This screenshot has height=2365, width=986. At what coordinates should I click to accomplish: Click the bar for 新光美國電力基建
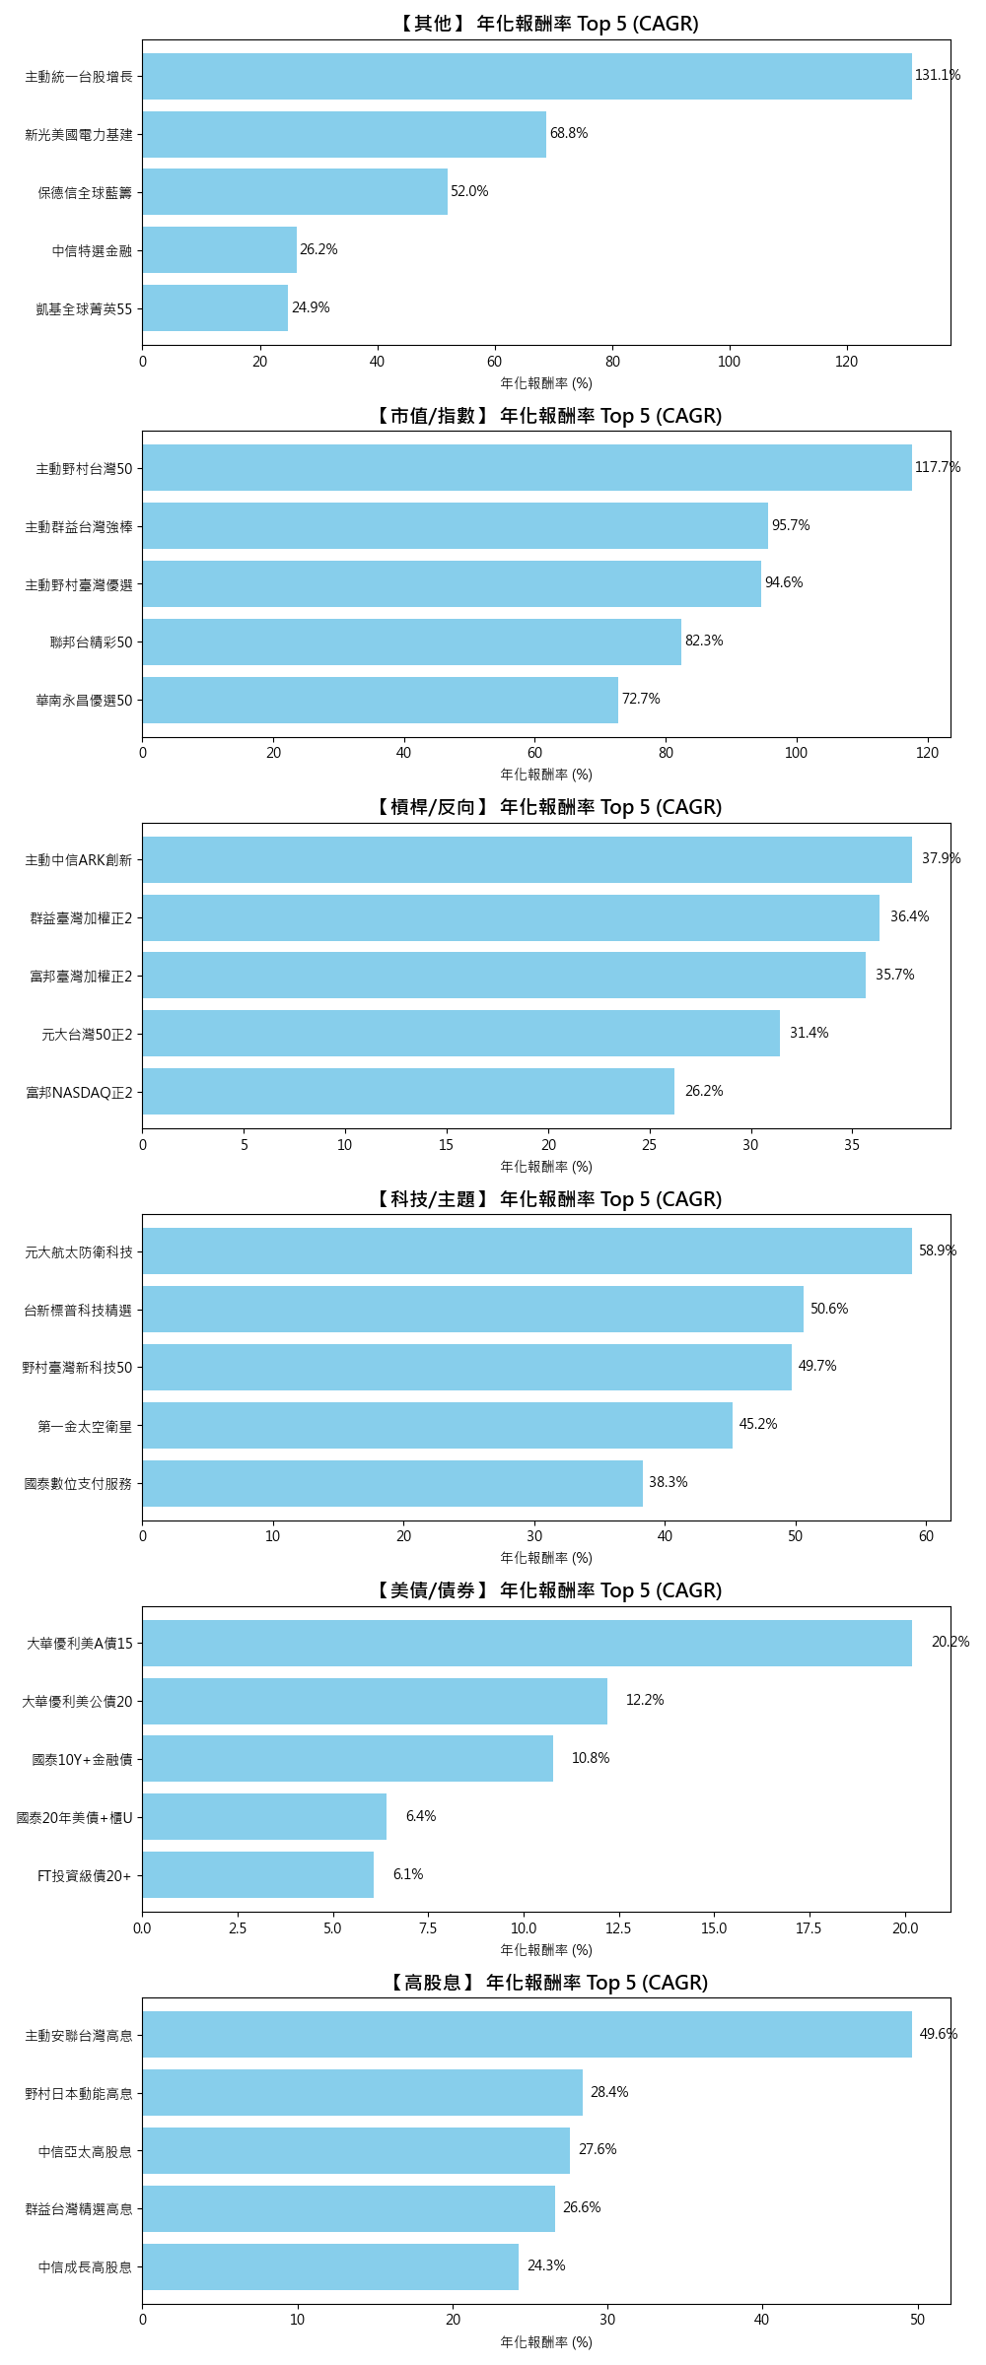[x=344, y=134]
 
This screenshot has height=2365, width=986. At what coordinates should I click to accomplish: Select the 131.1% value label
[x=937, y=76]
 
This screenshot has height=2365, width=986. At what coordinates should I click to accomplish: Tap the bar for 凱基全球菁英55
[x=215, y=308]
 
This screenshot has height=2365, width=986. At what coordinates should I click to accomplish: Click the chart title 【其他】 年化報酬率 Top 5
[x=546, y=24]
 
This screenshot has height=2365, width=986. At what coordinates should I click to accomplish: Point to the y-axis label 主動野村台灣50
[x=84, y=469]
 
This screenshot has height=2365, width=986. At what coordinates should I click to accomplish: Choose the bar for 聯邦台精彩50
[x=411, y=642]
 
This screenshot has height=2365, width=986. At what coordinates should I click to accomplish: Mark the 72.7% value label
[x=641, y=699]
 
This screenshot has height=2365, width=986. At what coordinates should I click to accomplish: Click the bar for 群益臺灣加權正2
[x=511, y=917]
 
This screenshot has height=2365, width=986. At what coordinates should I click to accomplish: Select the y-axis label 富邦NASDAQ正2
[x=79, y=1092]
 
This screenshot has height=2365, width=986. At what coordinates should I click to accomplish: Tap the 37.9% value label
[x=941, y=858]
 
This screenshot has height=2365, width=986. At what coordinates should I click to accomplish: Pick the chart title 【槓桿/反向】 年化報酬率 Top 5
[x=546, y=807]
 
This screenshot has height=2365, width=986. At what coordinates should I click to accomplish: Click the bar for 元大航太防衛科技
[x=527, y=1250]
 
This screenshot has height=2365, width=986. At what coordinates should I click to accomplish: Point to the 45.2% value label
[x=757, y=1424]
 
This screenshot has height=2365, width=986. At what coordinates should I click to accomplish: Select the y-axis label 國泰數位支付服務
[x=78, y=1484]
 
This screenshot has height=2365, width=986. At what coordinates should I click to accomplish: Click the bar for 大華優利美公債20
[x=375, y=1701]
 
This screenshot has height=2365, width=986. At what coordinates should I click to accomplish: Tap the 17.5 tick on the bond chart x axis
[x=809, y=1928]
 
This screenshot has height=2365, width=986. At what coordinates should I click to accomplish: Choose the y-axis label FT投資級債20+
[x=84, y=1876]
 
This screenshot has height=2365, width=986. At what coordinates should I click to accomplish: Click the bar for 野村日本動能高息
[x=362, y=2092]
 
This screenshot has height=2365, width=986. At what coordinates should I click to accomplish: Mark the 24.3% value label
[x=546, y=2265]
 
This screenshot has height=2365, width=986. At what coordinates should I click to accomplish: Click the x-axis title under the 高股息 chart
[x=546, y=2342]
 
